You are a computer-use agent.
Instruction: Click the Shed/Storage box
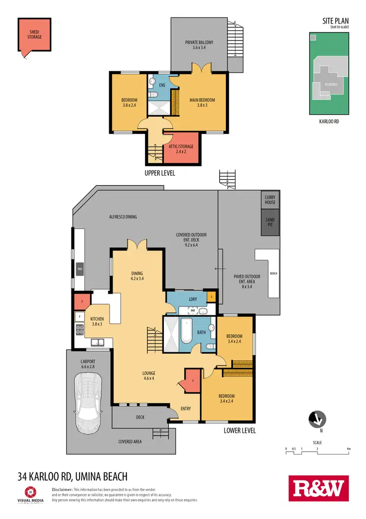pos(33,35)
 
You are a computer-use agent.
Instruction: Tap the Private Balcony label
pos(199,45)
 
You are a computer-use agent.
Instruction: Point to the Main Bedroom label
pos(202,103)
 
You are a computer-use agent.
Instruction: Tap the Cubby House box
pos(270,199)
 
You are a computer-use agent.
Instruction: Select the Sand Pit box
pos(270,222)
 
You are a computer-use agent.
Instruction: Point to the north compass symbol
pos(317,419)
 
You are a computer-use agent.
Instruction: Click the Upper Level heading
pos(160,173)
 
